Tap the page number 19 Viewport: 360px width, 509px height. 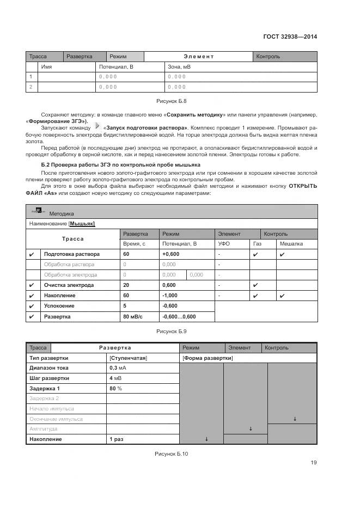314,463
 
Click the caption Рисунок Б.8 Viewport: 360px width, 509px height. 172,101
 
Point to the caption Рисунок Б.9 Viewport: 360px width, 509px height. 172,331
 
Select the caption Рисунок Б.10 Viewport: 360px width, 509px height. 172,453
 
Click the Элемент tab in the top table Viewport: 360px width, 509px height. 198,57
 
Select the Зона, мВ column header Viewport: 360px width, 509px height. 179,67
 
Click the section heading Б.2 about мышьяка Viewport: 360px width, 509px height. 121,164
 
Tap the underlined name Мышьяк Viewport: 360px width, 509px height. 82,224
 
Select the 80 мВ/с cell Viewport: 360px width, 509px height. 134,316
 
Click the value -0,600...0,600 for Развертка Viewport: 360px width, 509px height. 179,316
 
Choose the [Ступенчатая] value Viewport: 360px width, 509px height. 129,358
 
